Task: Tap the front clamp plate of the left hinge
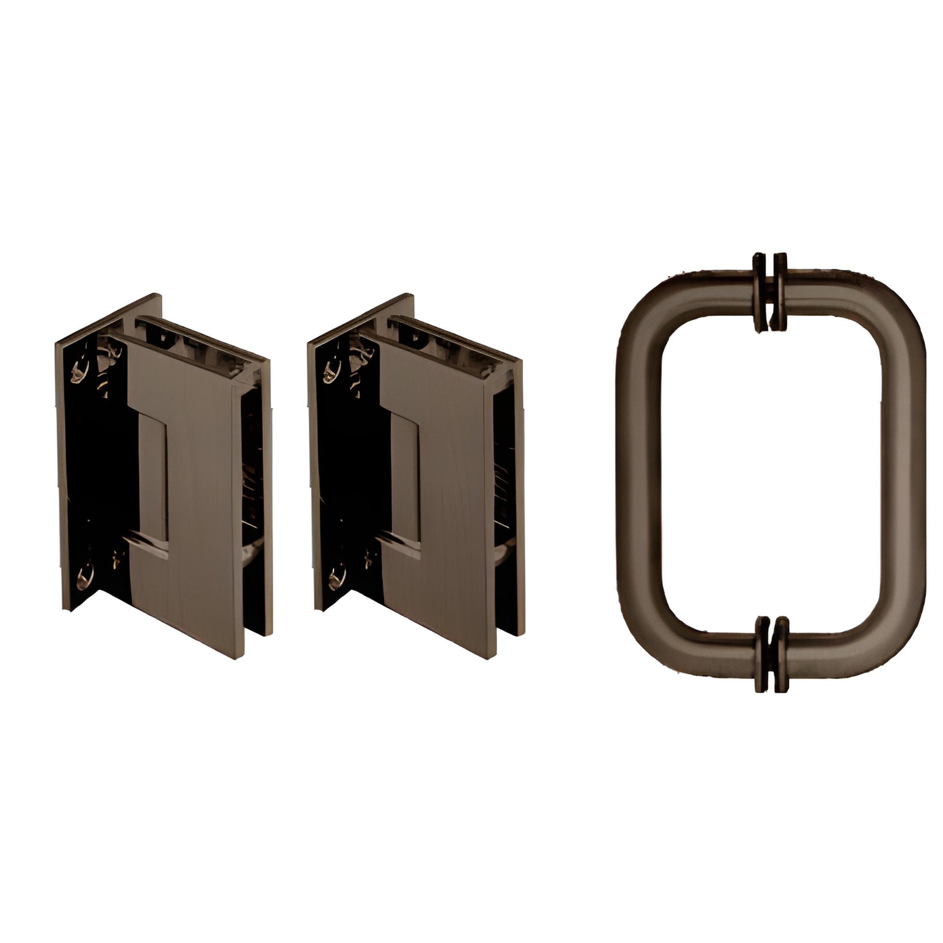point(195,513)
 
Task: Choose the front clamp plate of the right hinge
point(447,513)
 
